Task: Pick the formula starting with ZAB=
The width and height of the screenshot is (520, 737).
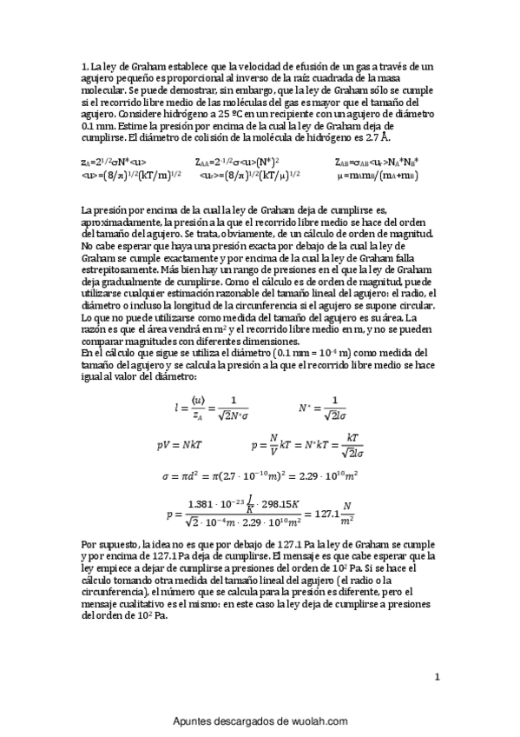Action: (376, 162)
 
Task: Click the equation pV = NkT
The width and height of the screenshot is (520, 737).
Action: (180, 444)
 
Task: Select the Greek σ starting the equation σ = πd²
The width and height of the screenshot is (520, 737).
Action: (167, 477)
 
